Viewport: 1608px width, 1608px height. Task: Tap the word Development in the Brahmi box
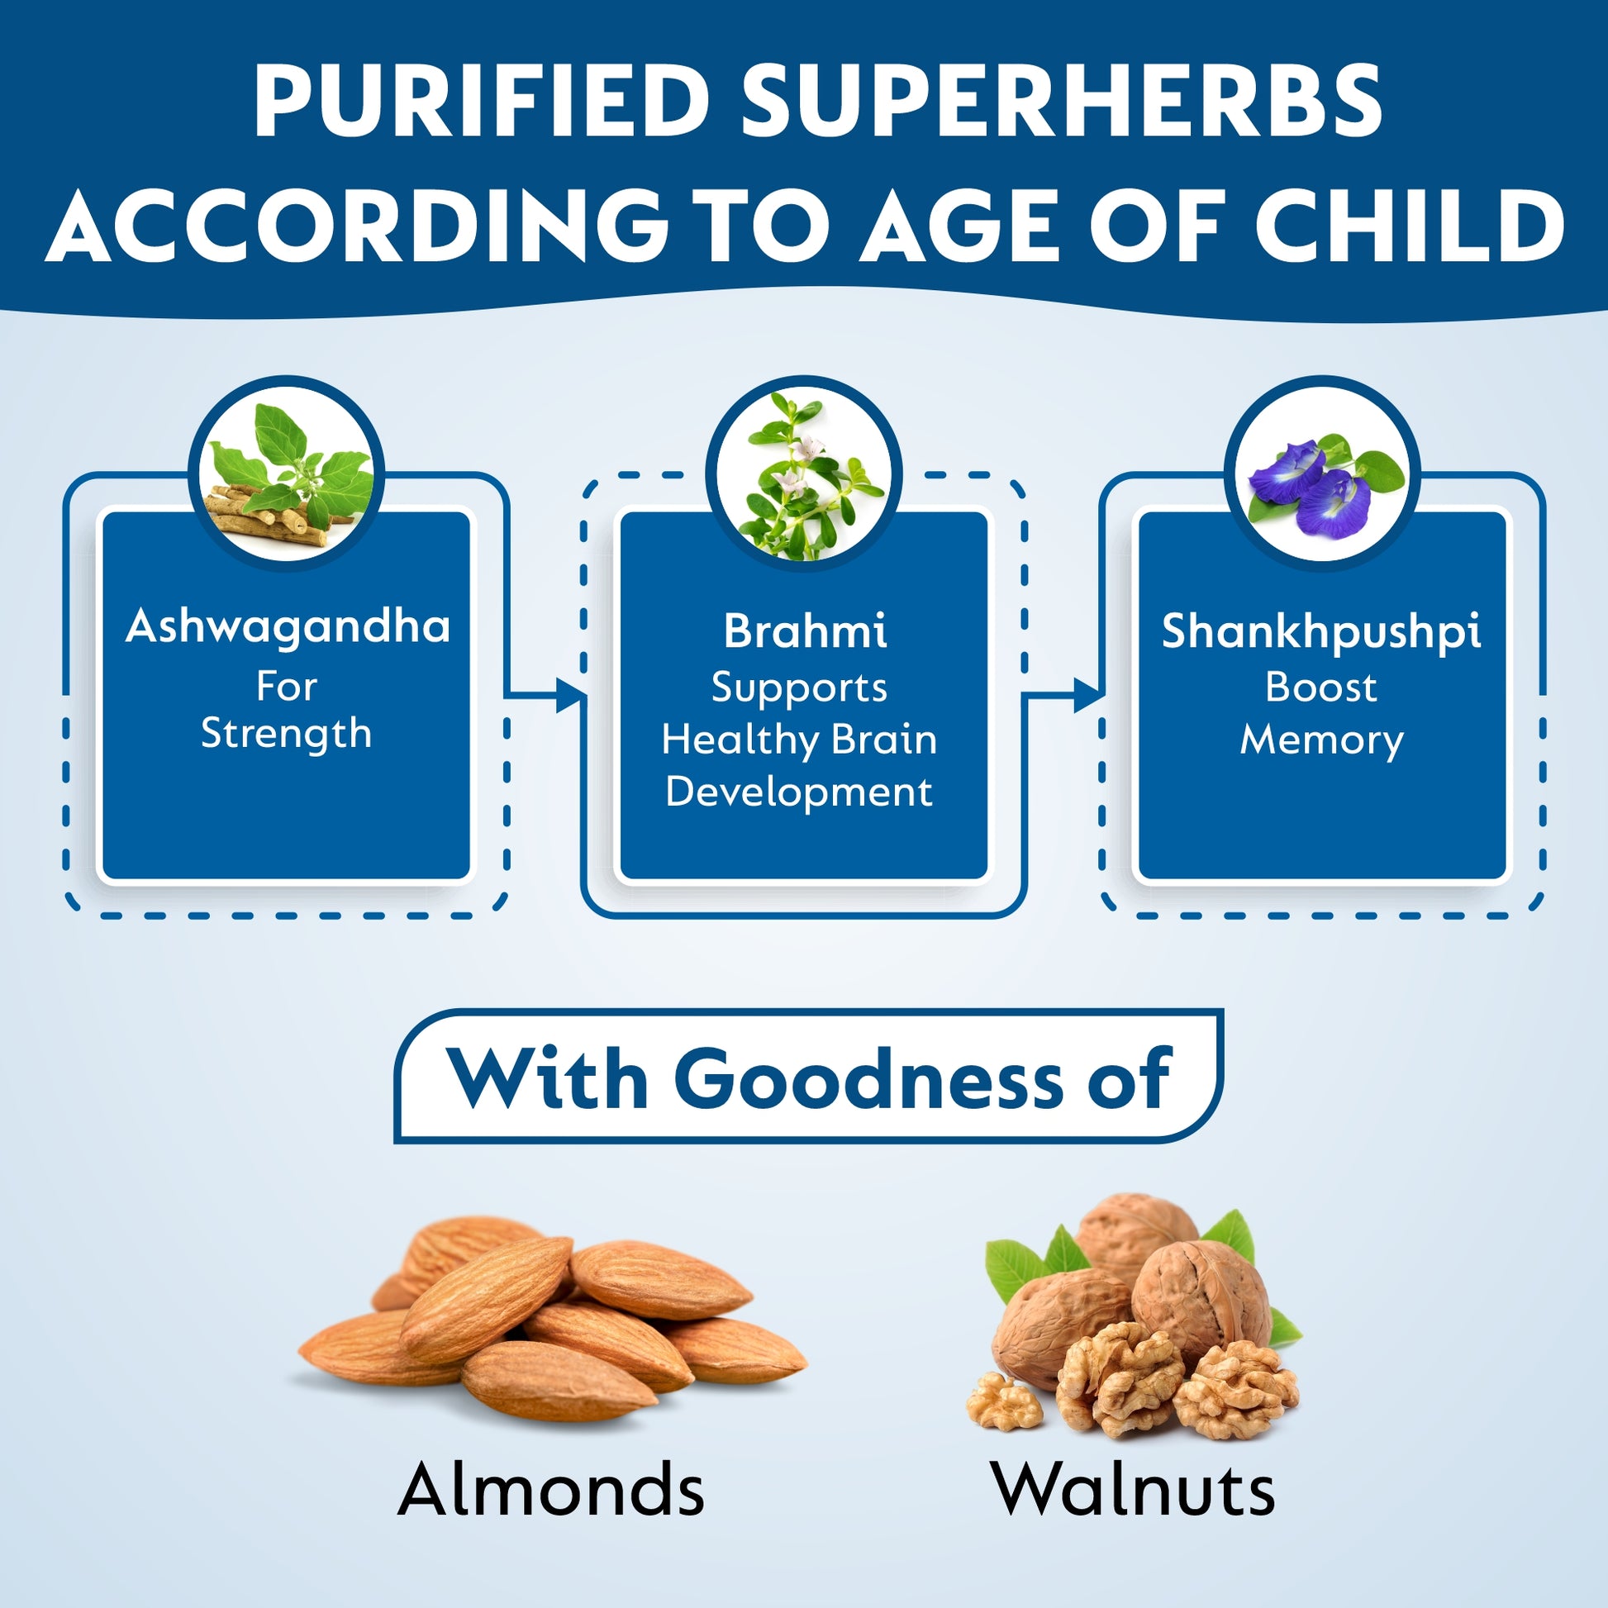[799, 791]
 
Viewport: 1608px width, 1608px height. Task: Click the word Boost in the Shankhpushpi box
[1320, 687]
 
